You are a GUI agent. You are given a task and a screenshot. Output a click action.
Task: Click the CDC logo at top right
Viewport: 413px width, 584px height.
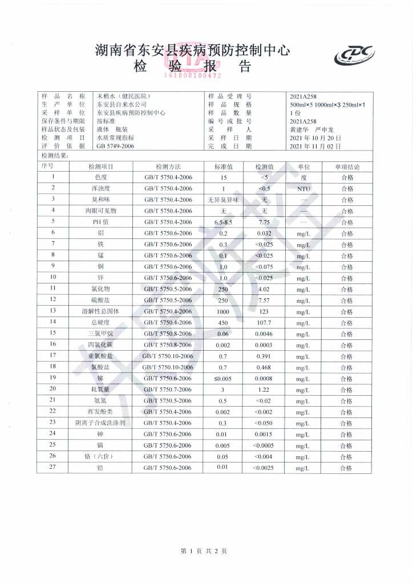pyautogui.click(x=354, y=55)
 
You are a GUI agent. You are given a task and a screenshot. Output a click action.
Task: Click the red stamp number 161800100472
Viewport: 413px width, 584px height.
pyautogui.click(x=193, y=75)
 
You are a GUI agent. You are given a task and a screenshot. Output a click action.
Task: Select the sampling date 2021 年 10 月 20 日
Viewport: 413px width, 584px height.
pyautogui.click(x=315, y=138)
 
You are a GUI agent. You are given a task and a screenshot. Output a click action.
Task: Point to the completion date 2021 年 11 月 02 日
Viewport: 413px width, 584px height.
pyautogui.click(x=315, y=146)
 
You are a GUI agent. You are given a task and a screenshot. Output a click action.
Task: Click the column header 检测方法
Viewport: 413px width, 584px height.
pyautogui.click(x=168, y=167)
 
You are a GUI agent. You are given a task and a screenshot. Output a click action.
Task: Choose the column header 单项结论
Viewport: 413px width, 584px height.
pyautogui.click(x=347, y=167)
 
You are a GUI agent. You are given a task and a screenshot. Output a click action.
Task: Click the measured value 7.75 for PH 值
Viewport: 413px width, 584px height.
pyautogui.click(x=264, y=222)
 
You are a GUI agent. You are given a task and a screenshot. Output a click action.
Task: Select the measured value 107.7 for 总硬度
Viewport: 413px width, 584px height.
pyautogui.click(x=264, y=322)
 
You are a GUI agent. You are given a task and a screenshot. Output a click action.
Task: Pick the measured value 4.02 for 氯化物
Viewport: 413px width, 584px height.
pyautogui.click(x=264, y=289)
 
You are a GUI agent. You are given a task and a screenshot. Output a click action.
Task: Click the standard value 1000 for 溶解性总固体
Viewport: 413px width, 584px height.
pyautogui.click(x=223, y=311)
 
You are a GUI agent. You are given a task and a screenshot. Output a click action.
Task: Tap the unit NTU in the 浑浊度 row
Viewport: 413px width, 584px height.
pyautogui.click(x=303, y=188)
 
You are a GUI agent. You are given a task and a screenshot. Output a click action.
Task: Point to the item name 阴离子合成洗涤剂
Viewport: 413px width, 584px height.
pyautogui.click(x=100, y=423)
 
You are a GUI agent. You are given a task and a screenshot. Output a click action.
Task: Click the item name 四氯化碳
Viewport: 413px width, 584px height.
pyautogui.click(x=100, y=344)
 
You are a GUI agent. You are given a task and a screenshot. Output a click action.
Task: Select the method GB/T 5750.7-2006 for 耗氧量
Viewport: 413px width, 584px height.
pyautogui.click(x=168, y=389)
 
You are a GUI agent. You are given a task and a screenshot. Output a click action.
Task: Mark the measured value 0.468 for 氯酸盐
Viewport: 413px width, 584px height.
pyautogui.click(x=264, y=367)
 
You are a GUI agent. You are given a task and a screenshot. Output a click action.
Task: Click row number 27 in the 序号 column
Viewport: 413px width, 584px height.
pyautogui.click(x=52, y=467)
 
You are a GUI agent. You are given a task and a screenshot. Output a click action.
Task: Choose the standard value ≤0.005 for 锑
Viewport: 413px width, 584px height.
pyautogui.click(x=223, y=378)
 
